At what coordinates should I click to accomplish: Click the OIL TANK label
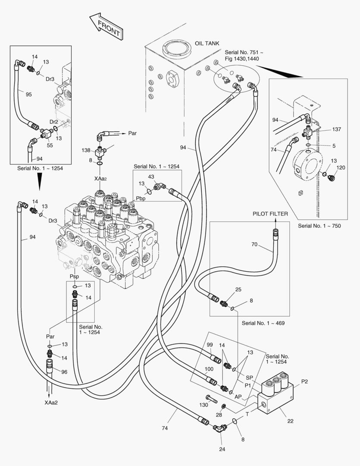tap(207, 44)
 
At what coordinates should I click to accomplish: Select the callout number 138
tap(86, 150)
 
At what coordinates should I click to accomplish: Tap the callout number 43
tap(151, 176)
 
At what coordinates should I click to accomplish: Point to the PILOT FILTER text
tap(270, 214)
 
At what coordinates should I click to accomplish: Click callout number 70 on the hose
tap(254, 245)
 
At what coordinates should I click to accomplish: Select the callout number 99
tap(210, 345)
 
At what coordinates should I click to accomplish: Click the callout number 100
tap(209, 369)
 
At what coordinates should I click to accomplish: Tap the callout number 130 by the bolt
tap(203, 405)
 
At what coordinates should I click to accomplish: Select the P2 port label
tap(304, 381)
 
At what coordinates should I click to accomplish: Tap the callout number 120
tap(341, 167)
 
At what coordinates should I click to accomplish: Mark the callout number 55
tap(50, 146)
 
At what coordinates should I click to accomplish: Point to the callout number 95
tap(28, 94)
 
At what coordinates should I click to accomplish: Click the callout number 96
tap(64, 372)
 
